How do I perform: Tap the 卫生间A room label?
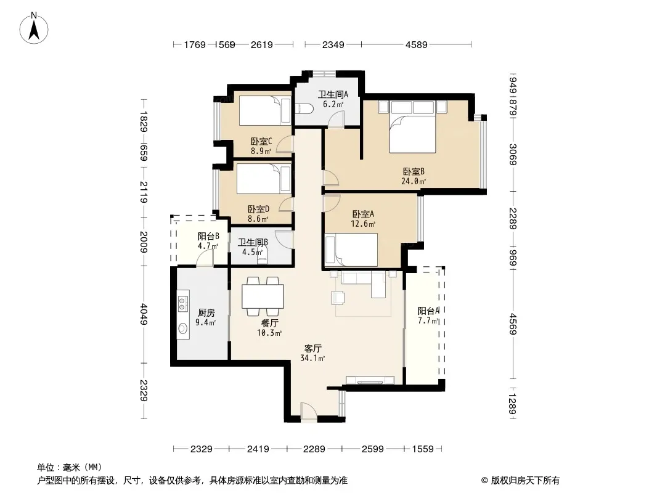(333, 99)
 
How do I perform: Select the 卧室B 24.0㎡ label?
(414, 176)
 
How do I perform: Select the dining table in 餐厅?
(263, 296)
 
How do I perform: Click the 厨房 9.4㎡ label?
(206, 317)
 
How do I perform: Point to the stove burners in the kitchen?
(182, 303)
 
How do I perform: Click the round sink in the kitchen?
(184, 329)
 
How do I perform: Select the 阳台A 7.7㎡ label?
(428, 316)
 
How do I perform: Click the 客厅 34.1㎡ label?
(312, 352)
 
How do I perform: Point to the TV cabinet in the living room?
(370, 380)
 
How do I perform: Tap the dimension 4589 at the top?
(417, 44)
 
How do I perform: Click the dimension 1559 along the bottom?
(423, 449)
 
